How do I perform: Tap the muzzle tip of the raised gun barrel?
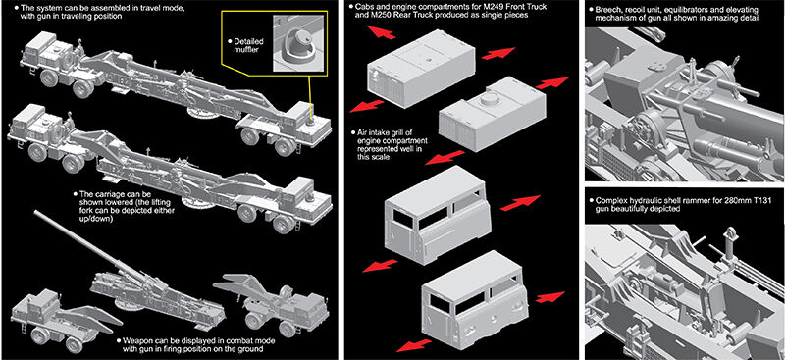pyautogui.click(x=35, y=212)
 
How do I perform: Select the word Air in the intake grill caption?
pyautogui.click(x=362, y=132)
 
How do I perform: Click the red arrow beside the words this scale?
pyautogui.click(x=444, y=158)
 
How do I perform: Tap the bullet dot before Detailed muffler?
pyautogui.click(x=230, y=41)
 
